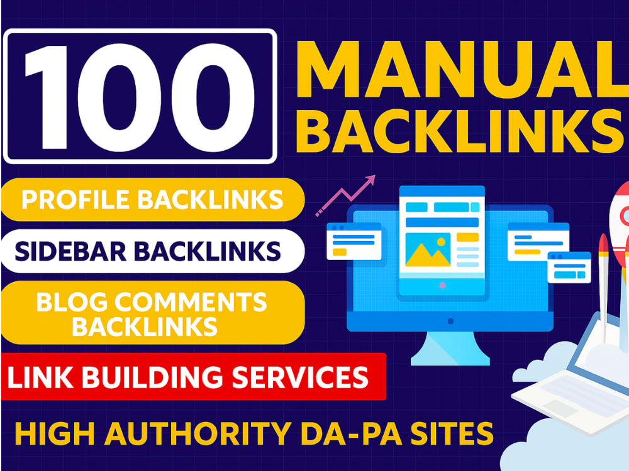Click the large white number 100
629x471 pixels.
click(x=140, y=97)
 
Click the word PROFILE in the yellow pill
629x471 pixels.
click(x=75, y=200)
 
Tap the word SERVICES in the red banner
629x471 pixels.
click(x=300, y=377)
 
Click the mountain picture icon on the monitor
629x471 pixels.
click(x=428, y=250)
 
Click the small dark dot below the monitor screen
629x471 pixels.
click(x=450, y=321)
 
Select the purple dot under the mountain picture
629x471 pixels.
click(x=442, y=286)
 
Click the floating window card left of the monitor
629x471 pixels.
click(x=353, y=242)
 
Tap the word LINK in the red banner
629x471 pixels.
click(x=40, y=377)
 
